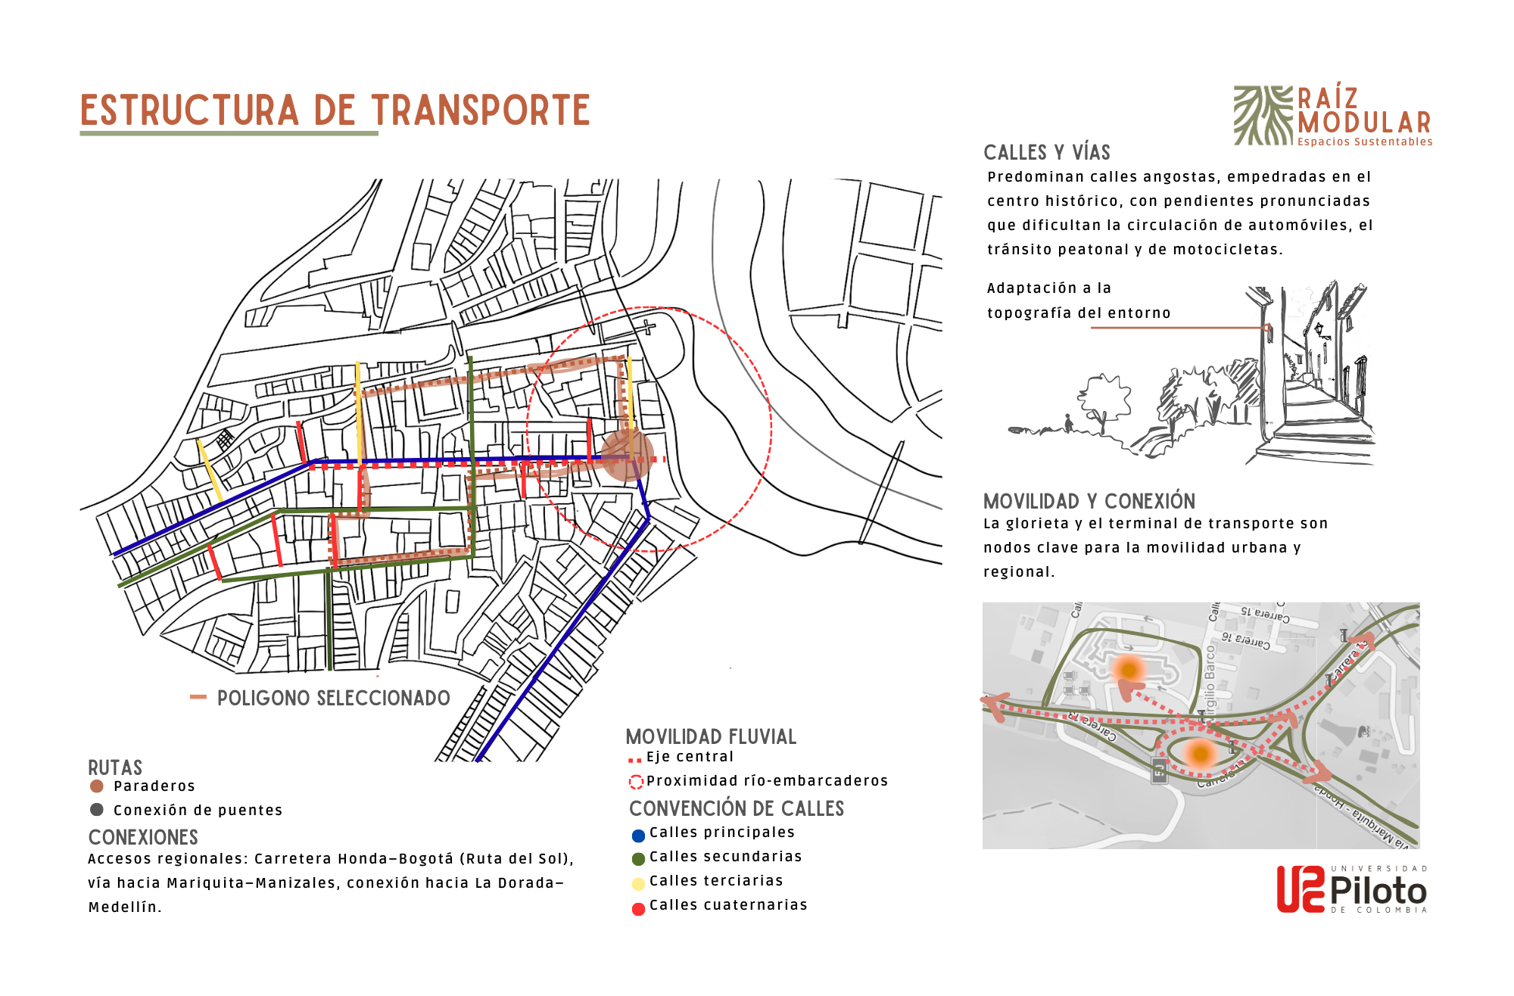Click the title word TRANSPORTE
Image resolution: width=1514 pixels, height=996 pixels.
(x=480, y=110)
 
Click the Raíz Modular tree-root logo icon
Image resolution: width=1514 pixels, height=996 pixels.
(x=1263, y=115)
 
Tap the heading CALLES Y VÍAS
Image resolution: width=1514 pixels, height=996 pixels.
(x=1046, y=153)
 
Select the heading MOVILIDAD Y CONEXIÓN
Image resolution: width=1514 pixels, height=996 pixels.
(x=1089, y=501)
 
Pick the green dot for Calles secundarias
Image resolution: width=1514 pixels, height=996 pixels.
(x=638, y=859)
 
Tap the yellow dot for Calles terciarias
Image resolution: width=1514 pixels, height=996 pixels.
(x=638, y=883)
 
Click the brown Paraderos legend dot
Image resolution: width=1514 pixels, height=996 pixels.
(x=97, y=786)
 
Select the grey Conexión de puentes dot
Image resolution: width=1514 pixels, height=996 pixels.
(x=97, y=810)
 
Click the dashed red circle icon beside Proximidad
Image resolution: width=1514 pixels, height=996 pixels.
(x=636, y=783)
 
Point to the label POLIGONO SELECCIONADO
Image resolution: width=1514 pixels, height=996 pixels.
(x=333, y=698)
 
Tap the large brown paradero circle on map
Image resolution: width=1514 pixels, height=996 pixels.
(x=627, y=456)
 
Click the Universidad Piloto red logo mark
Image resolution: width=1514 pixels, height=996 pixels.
(x=1300, y=889)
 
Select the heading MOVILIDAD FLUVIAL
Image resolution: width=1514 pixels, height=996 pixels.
(x=711, y=736)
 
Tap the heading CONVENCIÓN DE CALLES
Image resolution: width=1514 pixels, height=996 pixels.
(x=736, y=808)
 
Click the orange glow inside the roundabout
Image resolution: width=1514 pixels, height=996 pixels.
(x=1200, y=753)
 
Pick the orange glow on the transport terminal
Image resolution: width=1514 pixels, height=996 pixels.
(x=1129, y=670)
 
